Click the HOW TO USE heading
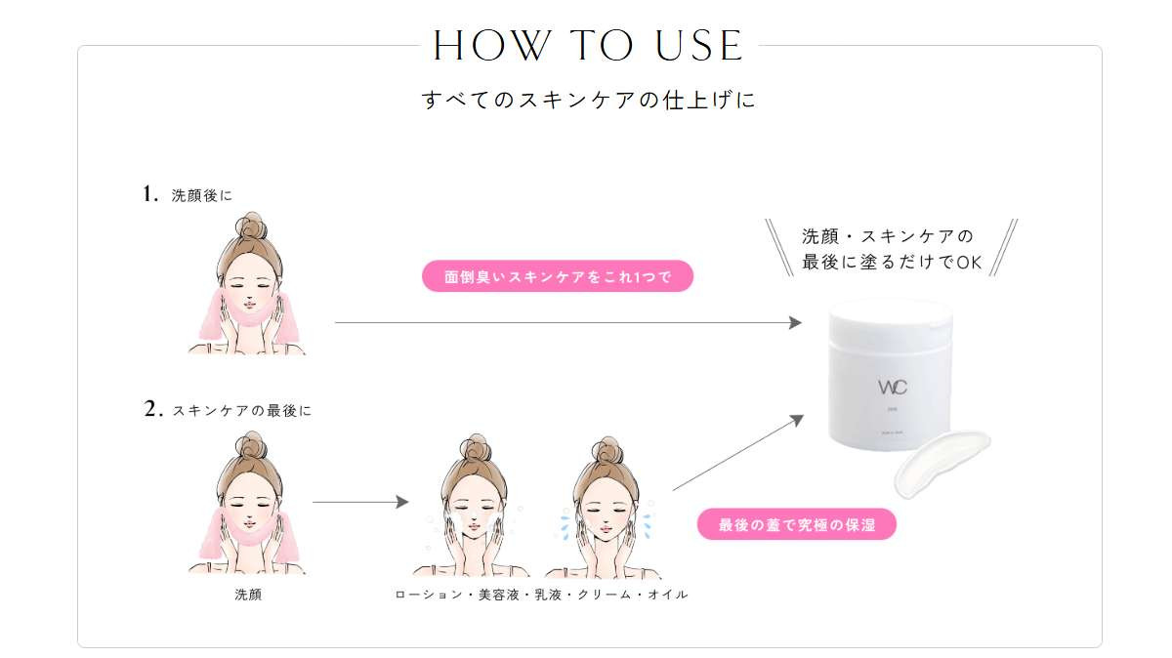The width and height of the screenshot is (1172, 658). coord(588,46)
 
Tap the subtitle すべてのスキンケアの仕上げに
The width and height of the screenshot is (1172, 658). coord(589,100)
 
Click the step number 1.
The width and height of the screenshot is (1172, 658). coord(149,194)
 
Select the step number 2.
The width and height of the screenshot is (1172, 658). coord(152,409)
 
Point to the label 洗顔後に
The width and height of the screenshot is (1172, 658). coord(201,195)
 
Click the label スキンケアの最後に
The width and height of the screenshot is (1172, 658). coord(242,411)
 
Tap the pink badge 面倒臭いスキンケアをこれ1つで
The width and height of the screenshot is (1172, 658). coord(558,276)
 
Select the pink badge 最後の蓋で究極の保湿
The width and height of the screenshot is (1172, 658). coord(797,524)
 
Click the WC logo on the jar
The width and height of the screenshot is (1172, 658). coord(893,388)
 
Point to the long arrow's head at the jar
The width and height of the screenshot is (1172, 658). coord(795,323)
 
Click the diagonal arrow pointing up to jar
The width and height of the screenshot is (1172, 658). coord(738,452)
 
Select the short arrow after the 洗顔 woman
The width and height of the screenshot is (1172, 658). coord(360,502)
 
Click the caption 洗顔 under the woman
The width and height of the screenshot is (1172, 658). coord(248,595)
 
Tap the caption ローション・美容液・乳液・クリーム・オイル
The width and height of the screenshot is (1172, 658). coord(541,595)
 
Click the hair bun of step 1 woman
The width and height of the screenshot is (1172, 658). coord(251,226)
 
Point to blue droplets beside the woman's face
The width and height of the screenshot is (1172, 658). coord(565,523)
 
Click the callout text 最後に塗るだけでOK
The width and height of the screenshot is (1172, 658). coord(892,262)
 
